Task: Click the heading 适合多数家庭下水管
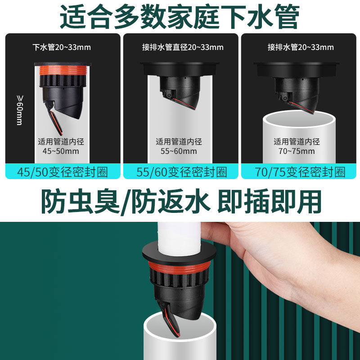[180, 17]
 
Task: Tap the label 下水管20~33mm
[63, 47]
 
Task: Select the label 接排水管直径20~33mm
[182, 47]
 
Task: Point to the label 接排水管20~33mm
[300, 47]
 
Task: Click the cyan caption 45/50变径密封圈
[63, 171]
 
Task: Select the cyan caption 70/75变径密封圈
[300, 171]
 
